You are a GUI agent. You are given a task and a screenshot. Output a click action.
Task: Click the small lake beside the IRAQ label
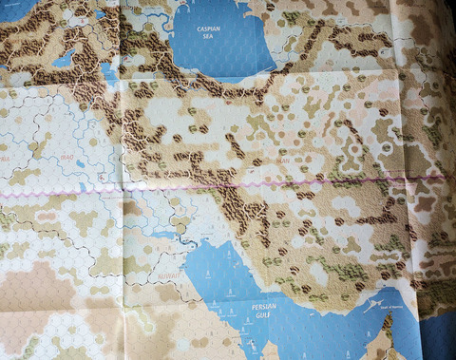[x=80, y=163]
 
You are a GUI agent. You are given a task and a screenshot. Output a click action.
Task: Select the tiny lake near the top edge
[x=99, y=13]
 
